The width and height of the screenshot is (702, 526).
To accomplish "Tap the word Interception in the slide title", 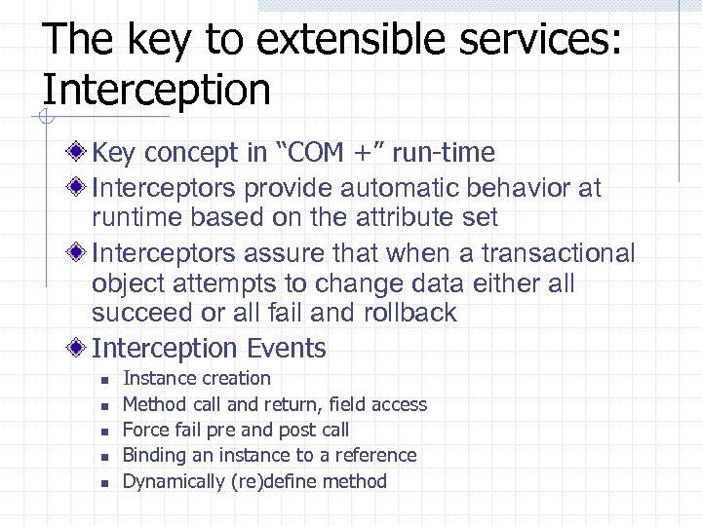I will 157,90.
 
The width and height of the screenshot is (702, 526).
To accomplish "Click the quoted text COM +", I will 325,153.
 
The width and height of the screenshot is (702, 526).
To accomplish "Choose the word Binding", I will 154,455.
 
